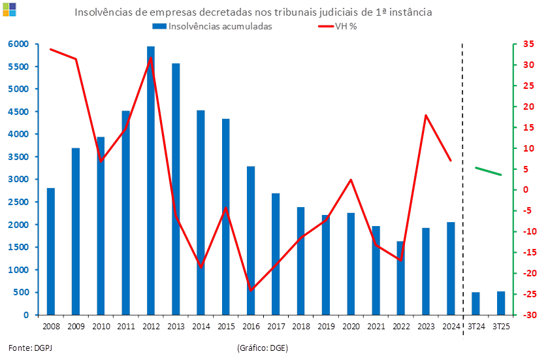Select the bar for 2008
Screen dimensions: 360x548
50,252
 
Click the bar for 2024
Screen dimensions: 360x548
451,268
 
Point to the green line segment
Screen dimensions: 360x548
489,171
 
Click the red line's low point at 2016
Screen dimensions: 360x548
251,289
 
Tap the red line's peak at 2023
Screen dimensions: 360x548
426,116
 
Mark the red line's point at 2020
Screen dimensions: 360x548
351,180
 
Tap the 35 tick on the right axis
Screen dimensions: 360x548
528,44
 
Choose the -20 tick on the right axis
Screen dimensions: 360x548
528,273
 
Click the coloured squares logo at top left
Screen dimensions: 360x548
9,8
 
